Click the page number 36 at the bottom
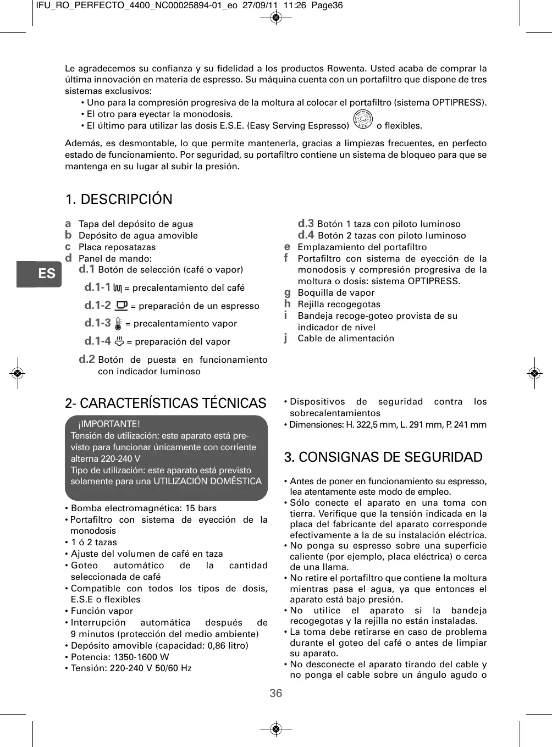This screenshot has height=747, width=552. click(276, 693)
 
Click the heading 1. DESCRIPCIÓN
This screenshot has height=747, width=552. click(119, 199)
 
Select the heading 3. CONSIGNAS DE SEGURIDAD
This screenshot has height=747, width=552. click(383, 457)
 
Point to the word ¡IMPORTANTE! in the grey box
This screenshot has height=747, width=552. click(109, 424)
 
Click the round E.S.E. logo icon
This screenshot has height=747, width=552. click(363, 120)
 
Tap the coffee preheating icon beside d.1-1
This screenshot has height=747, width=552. click(118, 288)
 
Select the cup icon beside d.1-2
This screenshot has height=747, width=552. click(122, 306)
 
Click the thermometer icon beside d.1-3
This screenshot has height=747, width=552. click(118, 323)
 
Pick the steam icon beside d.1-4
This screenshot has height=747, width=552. click(119, 341)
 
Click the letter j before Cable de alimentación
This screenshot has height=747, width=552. click(286, 338)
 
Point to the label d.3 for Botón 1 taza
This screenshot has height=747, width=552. click(306, 223)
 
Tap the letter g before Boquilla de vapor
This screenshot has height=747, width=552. click(287, 292)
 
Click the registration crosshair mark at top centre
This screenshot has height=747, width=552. click(277, 18)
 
